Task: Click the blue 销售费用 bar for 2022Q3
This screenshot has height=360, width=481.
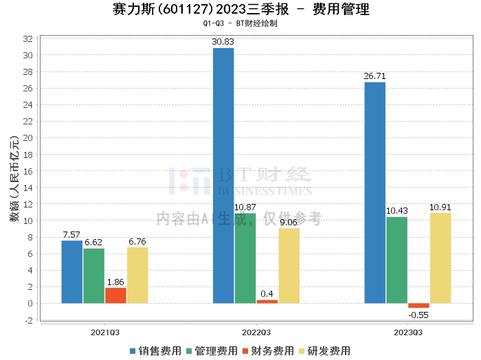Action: (x=223, y=175)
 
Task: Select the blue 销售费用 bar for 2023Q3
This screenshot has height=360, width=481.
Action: (x=374, y=192)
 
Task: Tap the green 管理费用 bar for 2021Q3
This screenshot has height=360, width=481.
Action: (x=93, y=275)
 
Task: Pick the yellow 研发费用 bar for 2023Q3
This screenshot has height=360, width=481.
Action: (x=440, y=258)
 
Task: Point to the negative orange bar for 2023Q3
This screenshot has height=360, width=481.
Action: (x=418, y=306)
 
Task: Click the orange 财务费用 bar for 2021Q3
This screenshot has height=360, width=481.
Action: (x=115, y=295)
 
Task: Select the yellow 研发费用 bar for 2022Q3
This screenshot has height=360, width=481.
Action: (x=289, y=265)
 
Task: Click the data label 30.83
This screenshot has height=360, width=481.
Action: (x=223, y=43)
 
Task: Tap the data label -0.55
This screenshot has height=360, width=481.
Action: (x=418, y=315)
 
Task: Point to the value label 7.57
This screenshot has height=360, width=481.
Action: (x=72, y=235)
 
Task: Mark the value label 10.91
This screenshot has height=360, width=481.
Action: (x=440, y=207)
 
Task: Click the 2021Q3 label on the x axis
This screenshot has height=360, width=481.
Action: (x=104, y=331)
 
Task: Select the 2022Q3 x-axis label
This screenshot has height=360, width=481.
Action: (x=256, y=331)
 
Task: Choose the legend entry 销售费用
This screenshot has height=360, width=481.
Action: (x=156, y=350)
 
